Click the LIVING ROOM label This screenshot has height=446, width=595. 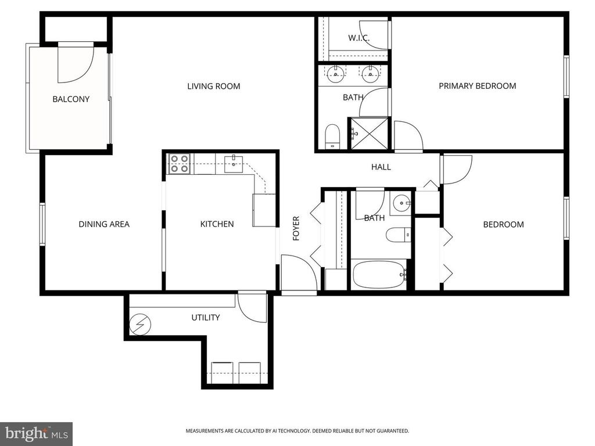(213, 87)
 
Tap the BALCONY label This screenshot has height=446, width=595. (71, 99)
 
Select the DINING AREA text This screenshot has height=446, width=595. (104, 224)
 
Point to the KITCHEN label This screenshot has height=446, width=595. (217, 224)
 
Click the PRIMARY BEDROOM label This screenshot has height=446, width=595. (477, 86)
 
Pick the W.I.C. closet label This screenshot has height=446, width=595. (359, 38)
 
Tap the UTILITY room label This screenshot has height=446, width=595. (206, 318)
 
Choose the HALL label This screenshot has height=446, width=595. (381, 167)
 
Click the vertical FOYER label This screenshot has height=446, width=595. (296, 228)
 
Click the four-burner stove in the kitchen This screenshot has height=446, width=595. (179, 164)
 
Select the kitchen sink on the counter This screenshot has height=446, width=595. (232, 162)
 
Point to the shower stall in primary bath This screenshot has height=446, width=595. (368, 134)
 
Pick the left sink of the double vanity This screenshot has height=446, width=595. (335, 74)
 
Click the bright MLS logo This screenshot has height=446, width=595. (36, 433)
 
